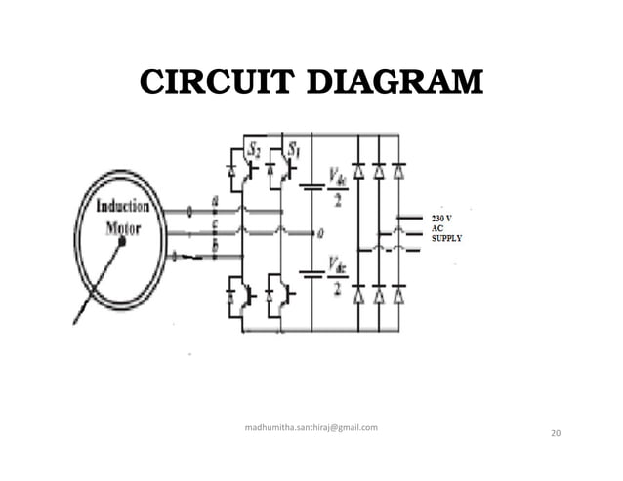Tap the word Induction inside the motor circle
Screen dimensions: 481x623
tap(122, 207)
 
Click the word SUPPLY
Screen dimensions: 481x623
tap(448, 239)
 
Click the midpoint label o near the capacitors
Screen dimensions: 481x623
tap(321, 233)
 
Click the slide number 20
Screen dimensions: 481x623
tap(557, 432)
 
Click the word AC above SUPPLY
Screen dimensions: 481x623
tap(437, 227)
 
